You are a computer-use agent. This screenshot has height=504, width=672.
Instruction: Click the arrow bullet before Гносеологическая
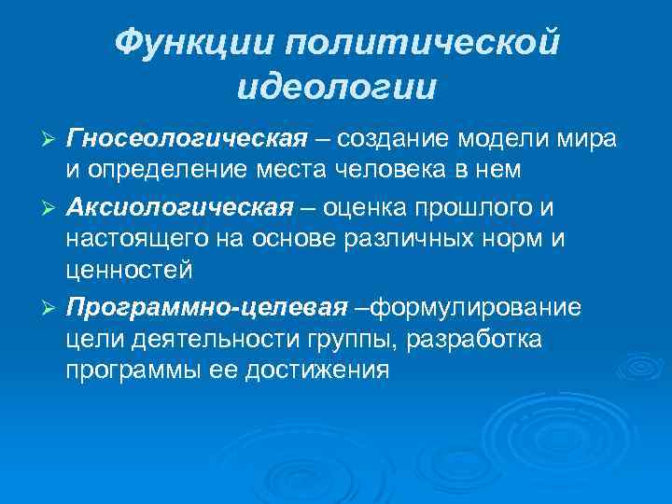[x=53, y=139]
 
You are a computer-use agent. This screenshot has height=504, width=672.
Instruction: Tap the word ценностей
[x=129, y=272]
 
